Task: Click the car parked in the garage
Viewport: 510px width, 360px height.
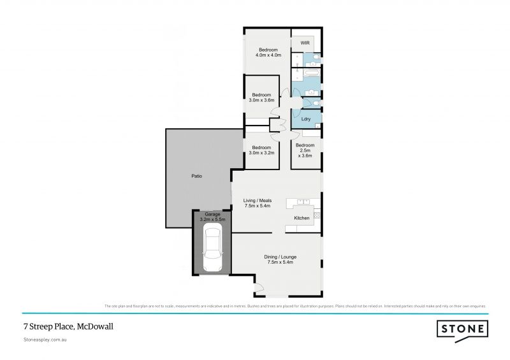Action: (212, 250)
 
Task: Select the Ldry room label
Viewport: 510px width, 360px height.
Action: (305, 119)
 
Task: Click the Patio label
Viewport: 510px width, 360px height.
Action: (197, 176)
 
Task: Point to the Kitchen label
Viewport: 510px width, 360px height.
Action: (302, 219)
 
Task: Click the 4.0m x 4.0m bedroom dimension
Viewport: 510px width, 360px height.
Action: (268, 55)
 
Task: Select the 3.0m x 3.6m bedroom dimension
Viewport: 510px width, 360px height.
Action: (261, 101)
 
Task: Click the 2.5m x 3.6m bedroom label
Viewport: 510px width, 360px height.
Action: (305, 150)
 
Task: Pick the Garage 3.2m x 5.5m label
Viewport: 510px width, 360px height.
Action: (212, 217)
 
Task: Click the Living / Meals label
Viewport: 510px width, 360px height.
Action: (258, 203)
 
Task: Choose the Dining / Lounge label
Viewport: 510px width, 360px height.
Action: (280, 259)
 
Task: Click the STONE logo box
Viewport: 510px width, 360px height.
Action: (462, 329)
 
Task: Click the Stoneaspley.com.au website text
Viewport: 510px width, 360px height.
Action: (45, 340)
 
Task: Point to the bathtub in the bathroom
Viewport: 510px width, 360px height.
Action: (311, 75)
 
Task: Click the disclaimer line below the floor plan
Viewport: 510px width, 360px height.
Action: (296, 306)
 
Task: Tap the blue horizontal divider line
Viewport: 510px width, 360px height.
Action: (255, 313)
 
